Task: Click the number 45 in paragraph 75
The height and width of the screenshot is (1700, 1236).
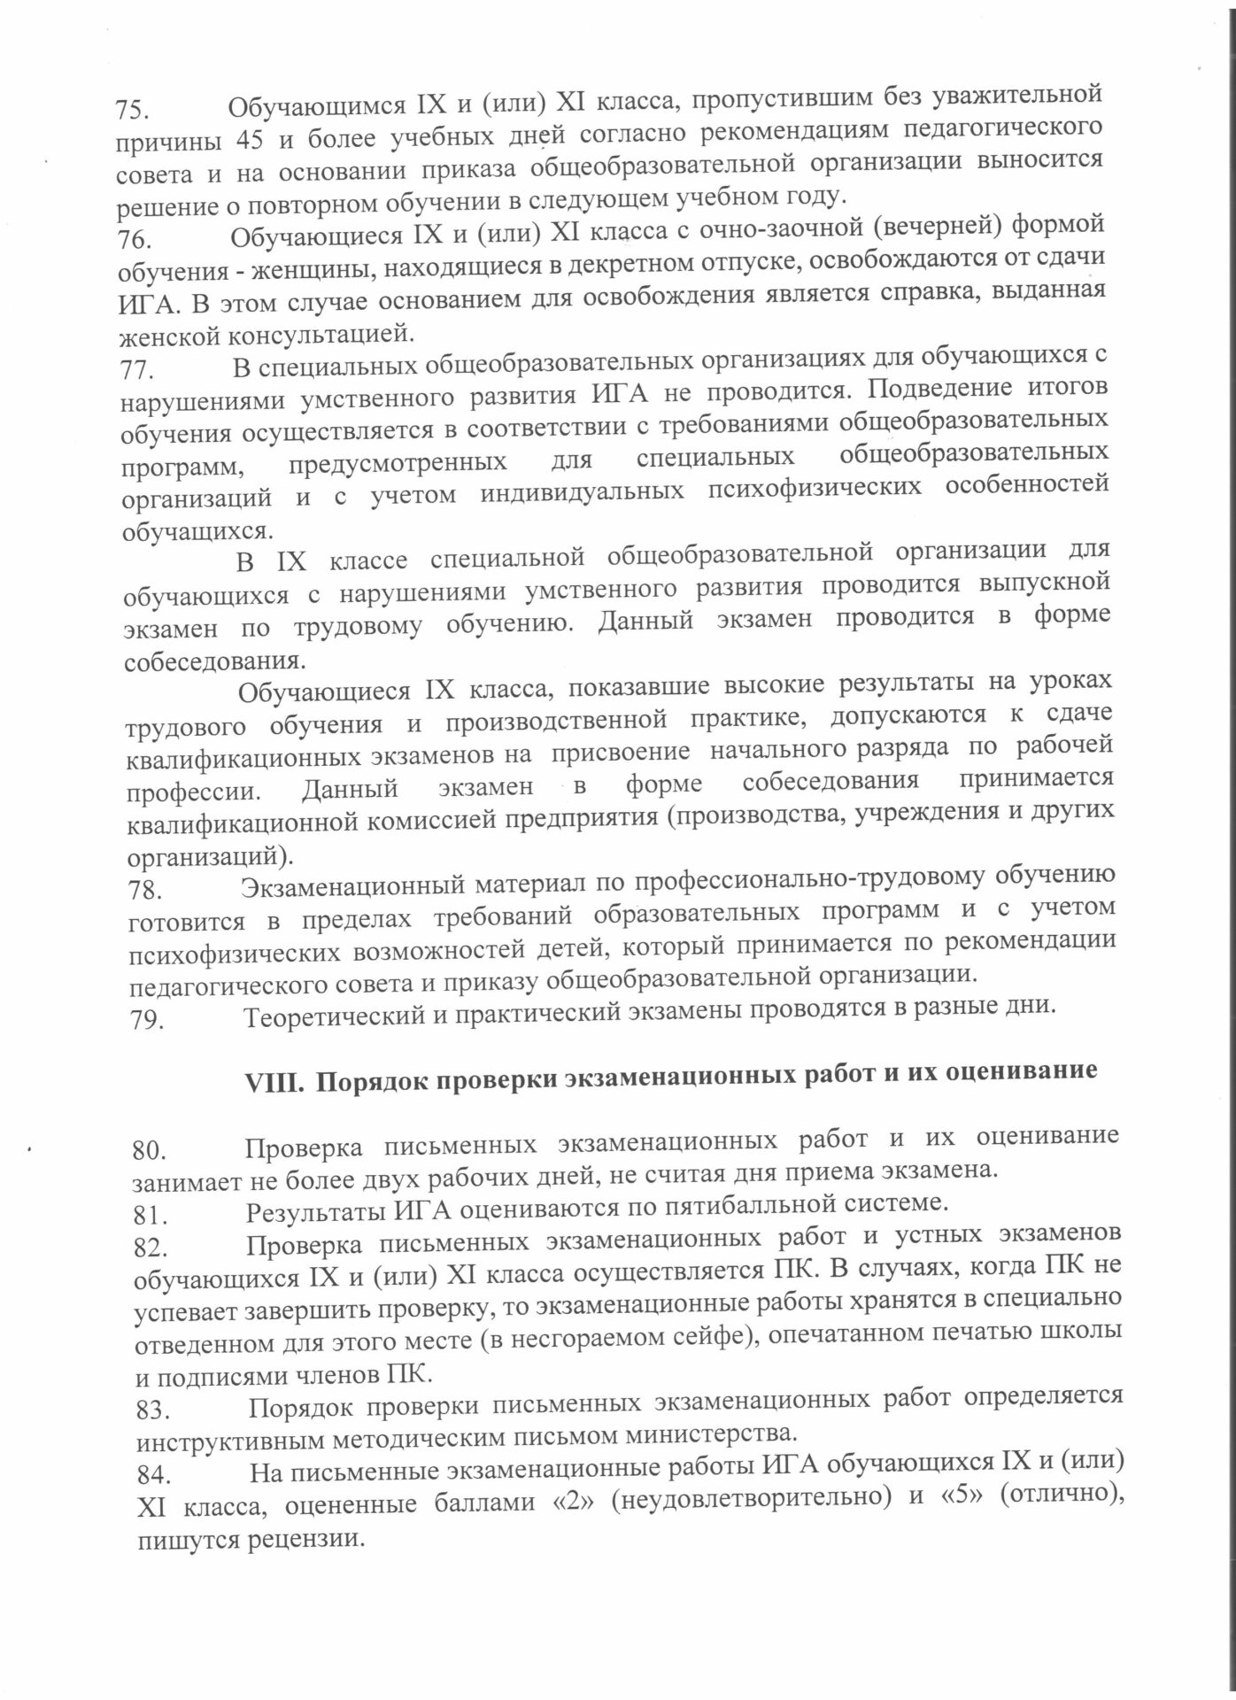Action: (x=251, y=140)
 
